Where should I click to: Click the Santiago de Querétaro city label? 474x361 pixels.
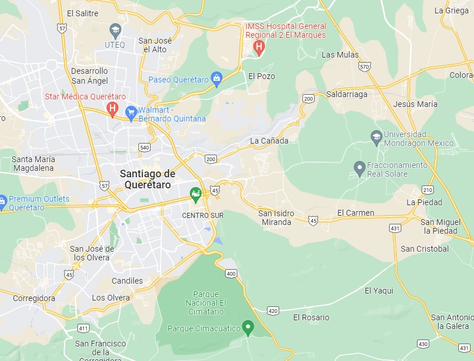(148, 179)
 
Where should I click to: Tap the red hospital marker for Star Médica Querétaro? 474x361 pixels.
(113, 108)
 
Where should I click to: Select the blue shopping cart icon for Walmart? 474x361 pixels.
(131, 112)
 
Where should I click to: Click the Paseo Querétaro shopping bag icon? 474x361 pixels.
(217, 78)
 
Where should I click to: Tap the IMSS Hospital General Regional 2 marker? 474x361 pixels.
(259, 47)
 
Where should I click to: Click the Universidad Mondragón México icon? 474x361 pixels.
(376, 137)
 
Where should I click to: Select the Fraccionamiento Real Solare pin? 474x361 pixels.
(359, 169)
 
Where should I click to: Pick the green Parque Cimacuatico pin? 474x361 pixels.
(248, 327)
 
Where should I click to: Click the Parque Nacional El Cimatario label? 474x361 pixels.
(206, 303)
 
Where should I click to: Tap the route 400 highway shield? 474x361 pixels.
(231, 273)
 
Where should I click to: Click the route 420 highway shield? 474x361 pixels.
(273, 311)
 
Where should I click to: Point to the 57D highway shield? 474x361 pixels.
(364, 67)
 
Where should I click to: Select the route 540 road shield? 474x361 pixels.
(144, 148)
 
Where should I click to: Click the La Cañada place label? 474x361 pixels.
(269, 141)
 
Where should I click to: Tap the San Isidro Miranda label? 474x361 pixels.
(276, 218)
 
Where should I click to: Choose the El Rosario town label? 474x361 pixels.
(311, 317)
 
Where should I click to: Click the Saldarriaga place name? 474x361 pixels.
(347, 94)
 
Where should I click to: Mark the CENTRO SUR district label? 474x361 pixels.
(202, 215)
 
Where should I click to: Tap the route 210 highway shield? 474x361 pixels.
(428, 190)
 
